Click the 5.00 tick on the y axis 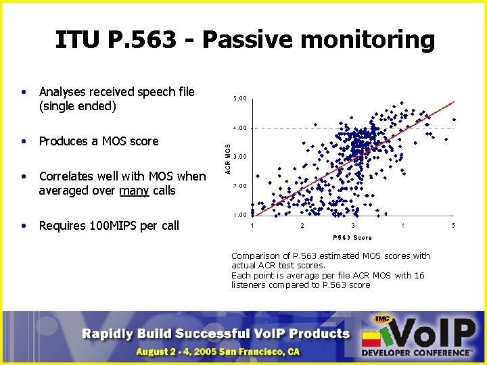239,99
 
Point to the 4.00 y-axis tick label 239,128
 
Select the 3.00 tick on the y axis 239,157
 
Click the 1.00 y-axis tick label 239,215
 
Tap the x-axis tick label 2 302,225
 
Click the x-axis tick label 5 453,225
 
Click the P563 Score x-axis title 352,237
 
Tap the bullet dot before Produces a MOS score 24,141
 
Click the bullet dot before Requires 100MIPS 24,226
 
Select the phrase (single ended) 78,106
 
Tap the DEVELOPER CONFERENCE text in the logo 417,352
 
